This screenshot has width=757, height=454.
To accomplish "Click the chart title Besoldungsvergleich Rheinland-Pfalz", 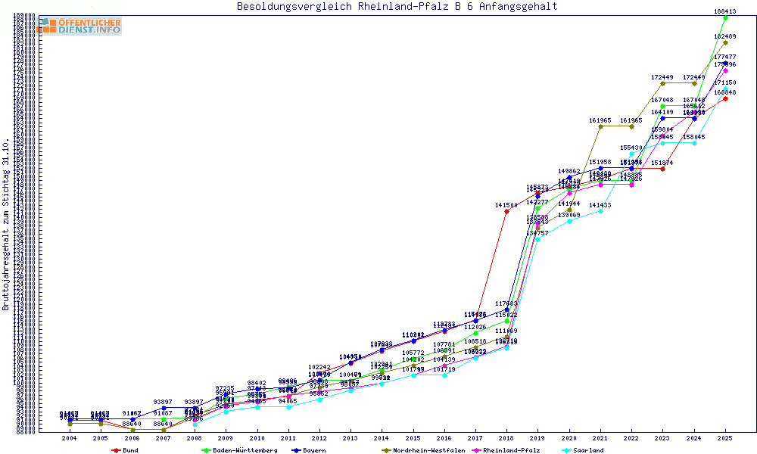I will (397, 7).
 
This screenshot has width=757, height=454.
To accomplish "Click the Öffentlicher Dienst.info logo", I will (79, 26).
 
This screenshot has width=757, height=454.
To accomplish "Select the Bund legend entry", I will (129, 450).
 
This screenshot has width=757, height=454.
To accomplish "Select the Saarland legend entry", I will (587, 450).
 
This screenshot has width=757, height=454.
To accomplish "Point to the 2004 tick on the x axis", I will (70, 438).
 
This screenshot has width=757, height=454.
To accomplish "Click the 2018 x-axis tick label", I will (506, 438).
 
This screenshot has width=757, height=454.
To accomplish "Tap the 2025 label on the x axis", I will (725, 438).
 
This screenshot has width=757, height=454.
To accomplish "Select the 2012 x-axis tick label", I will (319, 438).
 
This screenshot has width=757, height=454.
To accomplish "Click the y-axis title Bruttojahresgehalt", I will (6, 224).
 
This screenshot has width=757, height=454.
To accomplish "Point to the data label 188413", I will (725, 11).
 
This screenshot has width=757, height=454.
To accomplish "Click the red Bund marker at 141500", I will (506, 212).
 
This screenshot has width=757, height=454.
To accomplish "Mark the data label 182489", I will (725, 36).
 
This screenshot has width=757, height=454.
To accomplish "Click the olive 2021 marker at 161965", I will (600, 126).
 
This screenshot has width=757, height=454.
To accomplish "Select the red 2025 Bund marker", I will (725, 98).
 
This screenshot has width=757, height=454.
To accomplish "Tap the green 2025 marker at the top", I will (725, 17).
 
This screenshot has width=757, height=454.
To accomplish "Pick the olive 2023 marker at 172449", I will (663, 83).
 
